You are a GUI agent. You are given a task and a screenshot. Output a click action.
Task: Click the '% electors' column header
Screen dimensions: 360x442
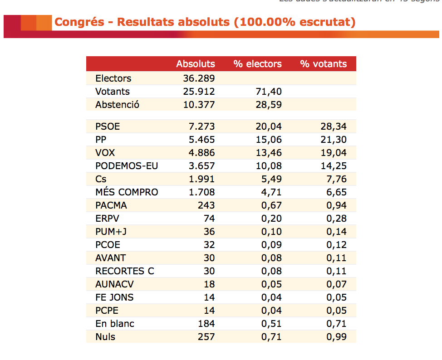tap(257, 64)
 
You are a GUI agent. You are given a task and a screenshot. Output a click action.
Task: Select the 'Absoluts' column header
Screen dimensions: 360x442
tap(196, 64)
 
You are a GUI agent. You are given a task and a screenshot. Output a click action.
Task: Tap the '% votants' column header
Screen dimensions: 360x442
tap(323, 64)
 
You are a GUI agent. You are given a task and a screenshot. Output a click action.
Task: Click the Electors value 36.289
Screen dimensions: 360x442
tap(199, 78)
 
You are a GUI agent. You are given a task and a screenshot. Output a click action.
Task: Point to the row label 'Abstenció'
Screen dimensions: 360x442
tap(117, 104)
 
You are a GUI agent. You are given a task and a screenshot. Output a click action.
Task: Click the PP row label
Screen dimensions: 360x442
tap(101, 140)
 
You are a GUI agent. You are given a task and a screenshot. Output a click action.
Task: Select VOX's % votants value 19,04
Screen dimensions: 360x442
tap(333, 153)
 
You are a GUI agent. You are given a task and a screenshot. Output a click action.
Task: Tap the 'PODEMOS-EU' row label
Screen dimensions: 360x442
tap(127, 166)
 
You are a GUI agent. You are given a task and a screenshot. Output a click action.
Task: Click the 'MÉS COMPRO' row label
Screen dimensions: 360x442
tap(127, 192)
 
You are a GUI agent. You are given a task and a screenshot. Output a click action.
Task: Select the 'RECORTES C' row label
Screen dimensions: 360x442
tap(125, 271)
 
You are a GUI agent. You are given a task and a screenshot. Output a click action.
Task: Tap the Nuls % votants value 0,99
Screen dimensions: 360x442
tap(336, 337)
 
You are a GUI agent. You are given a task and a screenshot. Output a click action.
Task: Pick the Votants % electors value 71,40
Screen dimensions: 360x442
tap(269, 91)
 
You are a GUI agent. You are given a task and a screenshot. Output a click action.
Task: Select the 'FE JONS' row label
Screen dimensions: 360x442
tap(114, 297)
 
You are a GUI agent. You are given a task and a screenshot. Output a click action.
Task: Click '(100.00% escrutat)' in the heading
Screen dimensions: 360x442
tap(295, 22)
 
